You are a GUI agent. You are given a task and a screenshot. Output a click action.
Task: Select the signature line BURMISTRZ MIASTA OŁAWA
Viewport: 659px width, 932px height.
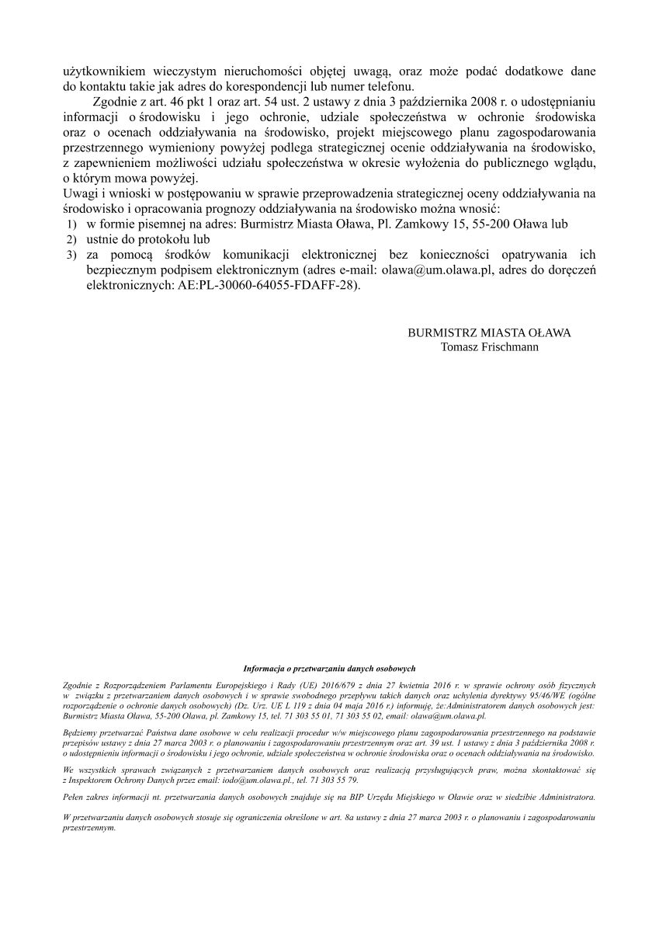pos(489,332)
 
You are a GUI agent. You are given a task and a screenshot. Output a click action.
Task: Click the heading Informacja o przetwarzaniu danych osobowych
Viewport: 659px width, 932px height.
pos(330,668)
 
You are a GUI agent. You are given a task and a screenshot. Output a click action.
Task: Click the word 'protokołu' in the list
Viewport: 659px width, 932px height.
pos(166,239)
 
